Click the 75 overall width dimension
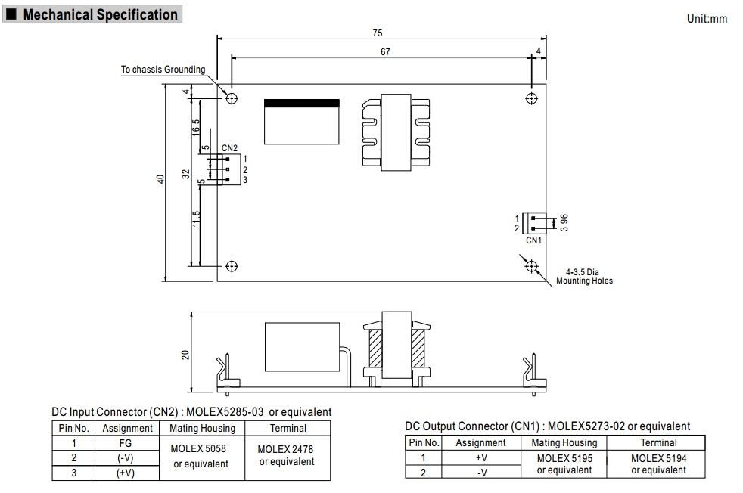[x=378, y=33]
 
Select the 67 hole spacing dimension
[x=385, y=51]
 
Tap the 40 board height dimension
[x=160, y=180]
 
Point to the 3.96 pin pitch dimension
[x=564, y=222]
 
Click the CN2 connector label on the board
[x=230, y=148]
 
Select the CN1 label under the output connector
[x=534, y=240]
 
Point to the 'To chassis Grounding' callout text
[x=163, y=70]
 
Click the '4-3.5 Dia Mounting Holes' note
[x=584, y=276]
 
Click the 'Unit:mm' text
[x=707, y=19]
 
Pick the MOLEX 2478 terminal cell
[x=288, y=454]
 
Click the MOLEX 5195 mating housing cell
[x=564, y=463]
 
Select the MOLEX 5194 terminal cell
[x=658, y=463]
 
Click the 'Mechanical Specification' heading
[x=100, y=14]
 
